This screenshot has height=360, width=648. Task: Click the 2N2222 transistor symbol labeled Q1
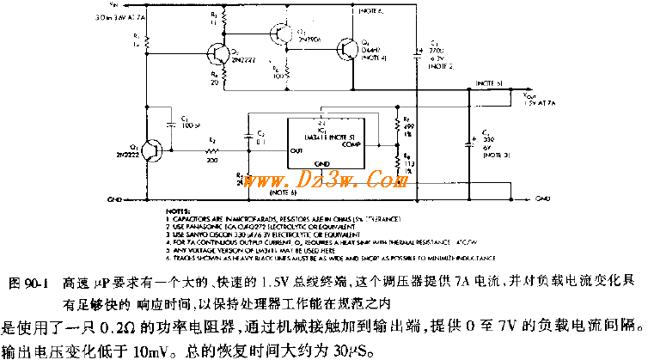[153, 150]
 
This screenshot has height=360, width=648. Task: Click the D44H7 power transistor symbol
[349, 50]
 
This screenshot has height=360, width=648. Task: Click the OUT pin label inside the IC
[297, 150]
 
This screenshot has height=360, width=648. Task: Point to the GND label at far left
[111, 198]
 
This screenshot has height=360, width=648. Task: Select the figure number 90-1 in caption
[35, 282]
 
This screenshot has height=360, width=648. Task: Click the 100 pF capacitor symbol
[175, 123]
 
